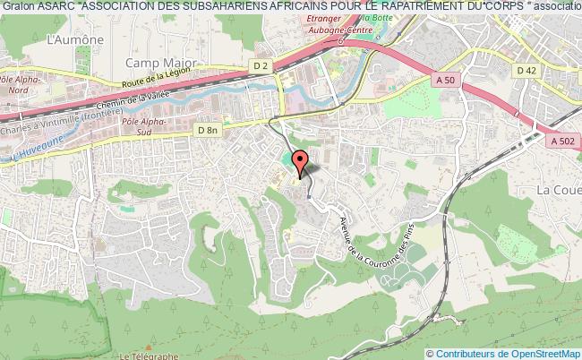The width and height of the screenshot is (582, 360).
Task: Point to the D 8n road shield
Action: [x=207, y=131]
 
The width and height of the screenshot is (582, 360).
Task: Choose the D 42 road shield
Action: [x=526, y=69]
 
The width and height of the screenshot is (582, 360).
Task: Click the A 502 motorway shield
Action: [x=563, y=140]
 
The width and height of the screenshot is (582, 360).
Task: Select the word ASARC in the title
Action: [x=55, y=7]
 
